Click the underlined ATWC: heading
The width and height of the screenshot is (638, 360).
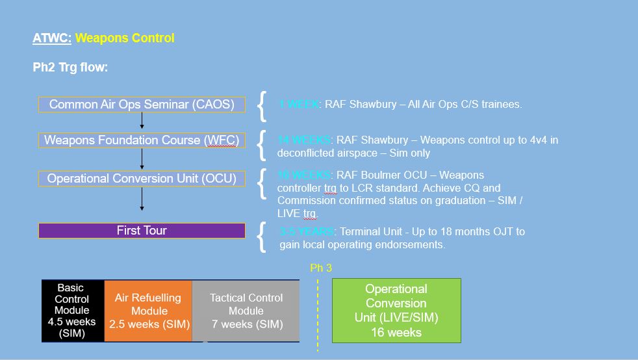[52, 38]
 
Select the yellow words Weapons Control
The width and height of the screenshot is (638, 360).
[125, 38]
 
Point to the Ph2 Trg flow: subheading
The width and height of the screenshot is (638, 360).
[70, 68]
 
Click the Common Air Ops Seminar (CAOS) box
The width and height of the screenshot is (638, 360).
[142, 105]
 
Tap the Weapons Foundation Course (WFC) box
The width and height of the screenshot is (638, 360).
[142, 140]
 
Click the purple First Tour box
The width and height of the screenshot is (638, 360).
[142, 231]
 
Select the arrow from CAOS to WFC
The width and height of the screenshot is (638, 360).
[142, 121]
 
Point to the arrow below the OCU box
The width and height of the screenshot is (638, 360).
[142, 199]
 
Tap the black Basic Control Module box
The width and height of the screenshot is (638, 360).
[72, 311]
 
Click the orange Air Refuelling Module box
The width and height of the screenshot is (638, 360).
[147, 311]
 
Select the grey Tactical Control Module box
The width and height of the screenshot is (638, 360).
[246, 311]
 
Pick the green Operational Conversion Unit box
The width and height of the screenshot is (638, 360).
[396, 311]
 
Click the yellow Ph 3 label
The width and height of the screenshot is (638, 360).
[321, 268]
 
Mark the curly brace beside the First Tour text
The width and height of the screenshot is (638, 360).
[261, 237]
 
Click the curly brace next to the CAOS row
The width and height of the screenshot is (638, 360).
[261, 106]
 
